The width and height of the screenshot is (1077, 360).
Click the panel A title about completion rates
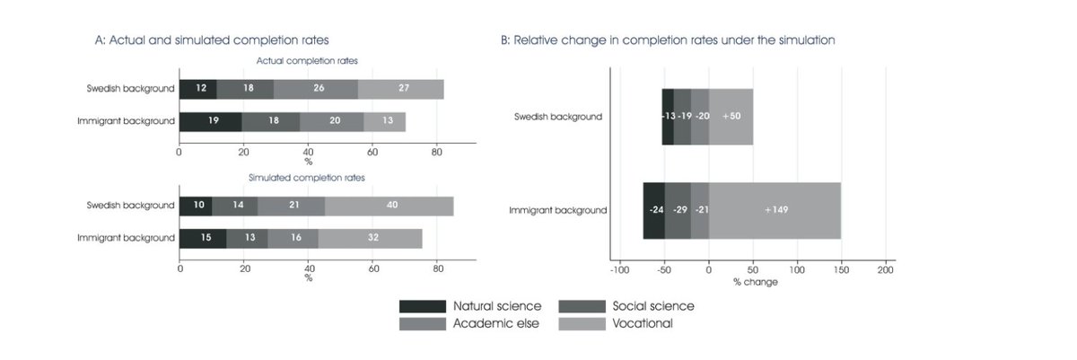tap(212, 40)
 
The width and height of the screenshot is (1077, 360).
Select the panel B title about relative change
tap(668, 40)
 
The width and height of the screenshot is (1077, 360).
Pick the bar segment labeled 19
tap(210, 121)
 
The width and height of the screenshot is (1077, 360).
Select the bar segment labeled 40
tap(390, 206)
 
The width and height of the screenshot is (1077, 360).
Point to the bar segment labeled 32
tap(370, 238)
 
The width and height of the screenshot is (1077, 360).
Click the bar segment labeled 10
tap(196, 206)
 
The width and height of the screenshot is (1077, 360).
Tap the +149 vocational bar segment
tap(775, 210)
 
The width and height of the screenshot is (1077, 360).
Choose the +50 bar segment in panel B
tap(731, 117)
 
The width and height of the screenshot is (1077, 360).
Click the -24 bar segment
tap(654, 210)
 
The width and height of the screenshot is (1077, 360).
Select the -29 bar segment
tap(679, 210)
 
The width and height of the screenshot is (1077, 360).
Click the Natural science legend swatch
tap(422, 306)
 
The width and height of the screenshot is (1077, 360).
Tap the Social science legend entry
tap(626, 306)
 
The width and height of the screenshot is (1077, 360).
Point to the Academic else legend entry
tap(468, 323)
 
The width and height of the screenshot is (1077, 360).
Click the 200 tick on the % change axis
tap(885, 269)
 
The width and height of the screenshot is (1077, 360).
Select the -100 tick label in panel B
tap(619, 269)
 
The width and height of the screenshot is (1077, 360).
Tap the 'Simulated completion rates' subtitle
tap(307, 178)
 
